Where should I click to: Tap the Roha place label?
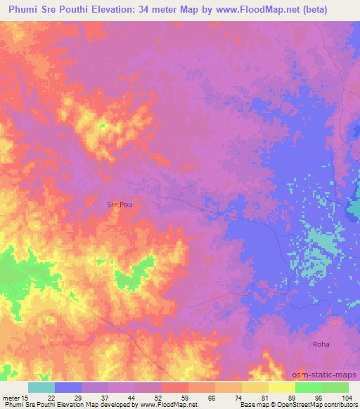click(321, 344)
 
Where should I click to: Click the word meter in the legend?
click(11, 398)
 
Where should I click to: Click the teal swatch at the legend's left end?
click(41, 387)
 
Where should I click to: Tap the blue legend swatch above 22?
click(68, 387)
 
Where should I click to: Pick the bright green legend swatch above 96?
click(308, 387)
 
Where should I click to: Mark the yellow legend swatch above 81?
click(255, 387)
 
